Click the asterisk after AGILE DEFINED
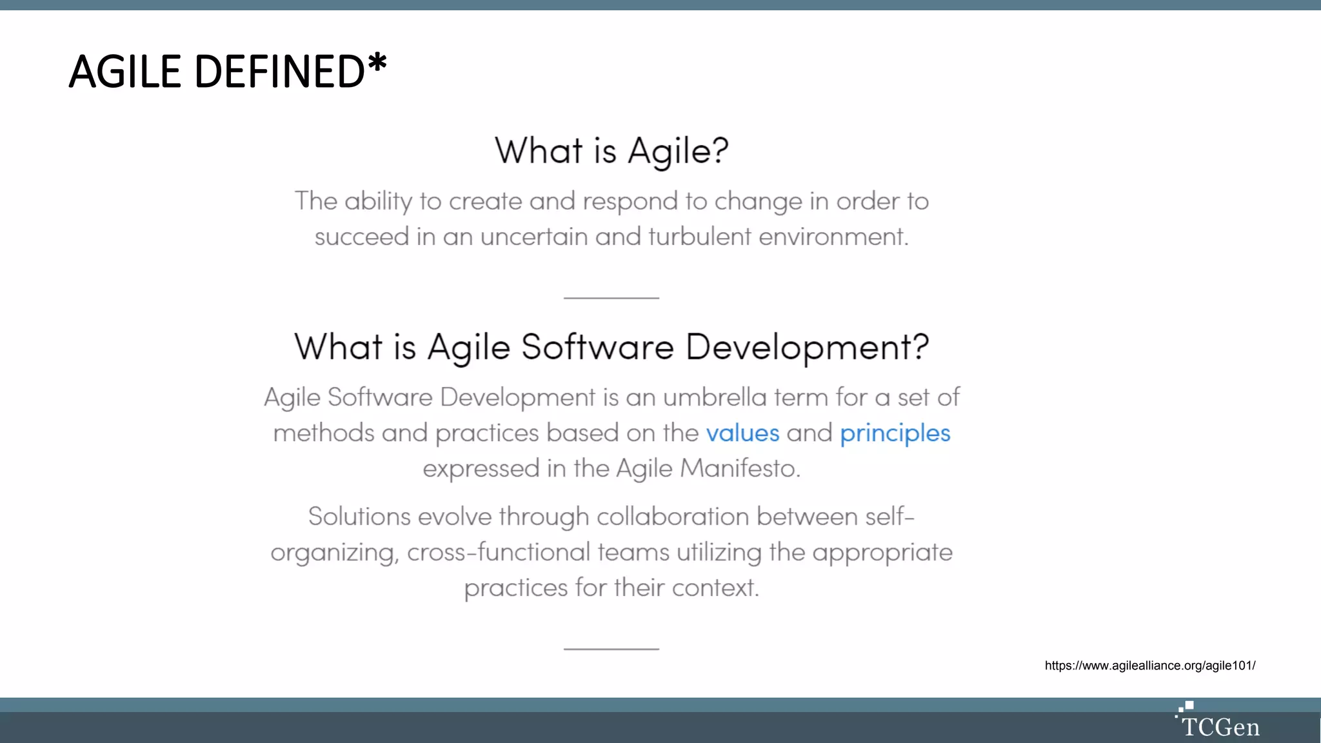pos(377,64)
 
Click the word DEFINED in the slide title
pos(279,72)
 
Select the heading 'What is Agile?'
pos(611,151)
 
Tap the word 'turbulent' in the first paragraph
pos(699,237)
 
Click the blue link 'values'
pos(742,433)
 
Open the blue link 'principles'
pos(895,433)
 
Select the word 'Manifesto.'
pos(740,468)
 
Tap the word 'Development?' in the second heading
pos(807,347)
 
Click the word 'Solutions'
pos(359,517)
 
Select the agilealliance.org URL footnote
pos(1149,666)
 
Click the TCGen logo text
pos(1220,728)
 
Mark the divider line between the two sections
pos(611,298)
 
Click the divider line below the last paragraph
pos(611,649)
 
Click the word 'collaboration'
pos(672,517)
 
